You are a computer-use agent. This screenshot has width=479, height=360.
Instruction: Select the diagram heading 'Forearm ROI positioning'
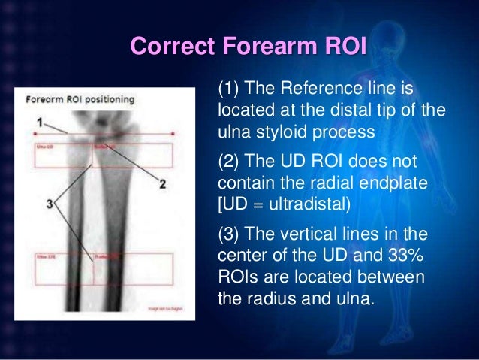tap(80, 99)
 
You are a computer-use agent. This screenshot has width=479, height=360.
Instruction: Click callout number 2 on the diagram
tap(162, 183)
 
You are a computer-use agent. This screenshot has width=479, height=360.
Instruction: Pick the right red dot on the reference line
tap(173, 134)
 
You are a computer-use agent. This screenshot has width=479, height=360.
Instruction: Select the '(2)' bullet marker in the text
tap(229, 163)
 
